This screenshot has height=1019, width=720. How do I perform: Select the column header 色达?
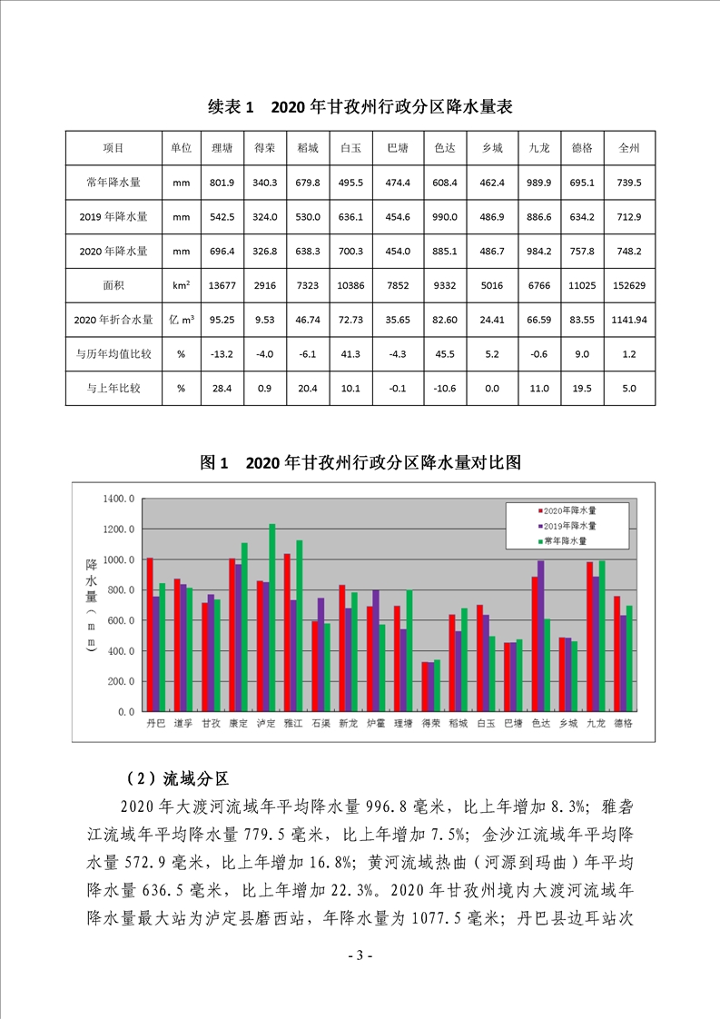[445, 148]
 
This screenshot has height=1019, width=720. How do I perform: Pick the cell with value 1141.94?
[629, 320]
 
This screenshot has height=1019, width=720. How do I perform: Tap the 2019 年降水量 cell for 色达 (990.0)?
[445, 217]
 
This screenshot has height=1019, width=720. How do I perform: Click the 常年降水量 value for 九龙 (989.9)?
[539, 183]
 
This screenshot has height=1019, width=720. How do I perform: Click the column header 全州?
[629, 148]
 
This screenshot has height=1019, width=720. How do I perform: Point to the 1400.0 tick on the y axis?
[120, 499]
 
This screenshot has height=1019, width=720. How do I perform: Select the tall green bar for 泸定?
[271, 618]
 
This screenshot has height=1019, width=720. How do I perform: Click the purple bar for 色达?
[542, 636]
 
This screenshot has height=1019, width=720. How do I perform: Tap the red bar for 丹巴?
[150, 635]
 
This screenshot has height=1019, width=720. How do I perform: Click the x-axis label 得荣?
[431, 724]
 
